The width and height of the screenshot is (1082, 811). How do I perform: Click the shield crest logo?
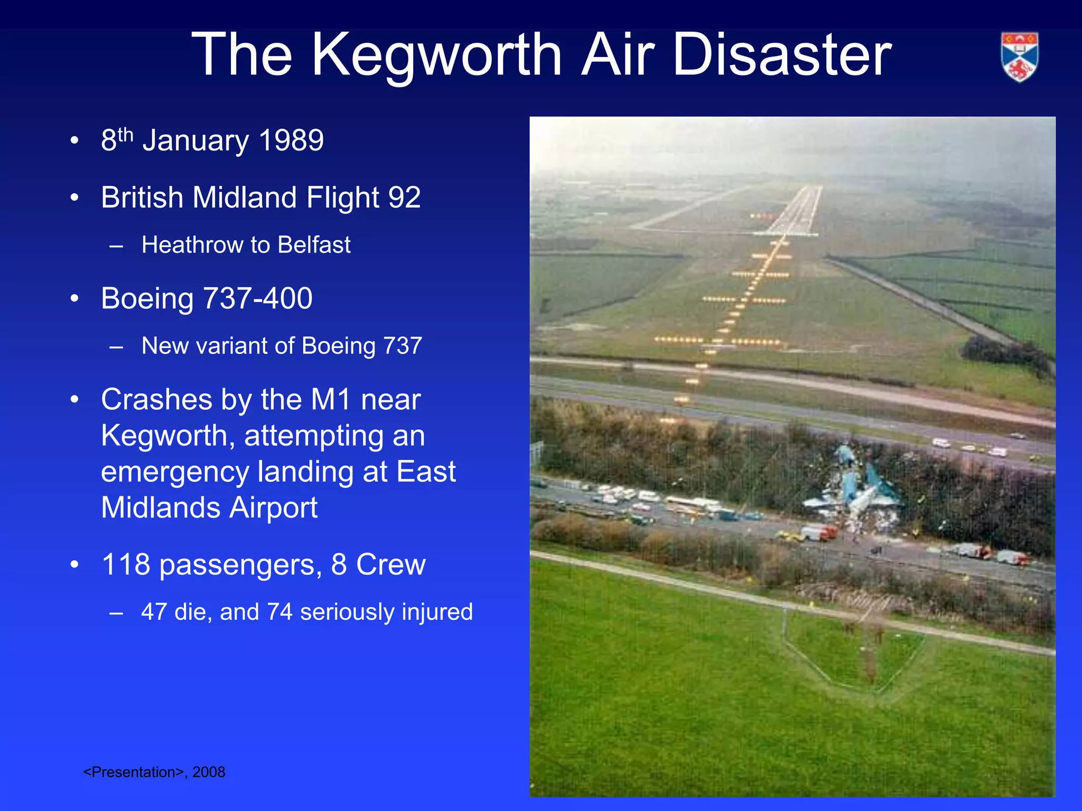[1020, 57]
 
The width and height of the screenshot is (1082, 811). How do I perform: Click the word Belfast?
[314, 245]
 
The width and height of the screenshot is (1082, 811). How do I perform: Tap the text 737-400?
[258, 299]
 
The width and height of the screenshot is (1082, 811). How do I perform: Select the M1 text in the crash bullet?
[331, 400]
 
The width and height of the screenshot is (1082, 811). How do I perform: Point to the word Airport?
[273, 508]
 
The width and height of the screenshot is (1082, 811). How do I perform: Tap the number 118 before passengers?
[126, 565]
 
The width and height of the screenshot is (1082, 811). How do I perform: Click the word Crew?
[391, 565]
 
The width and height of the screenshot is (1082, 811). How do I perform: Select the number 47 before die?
[154, 612]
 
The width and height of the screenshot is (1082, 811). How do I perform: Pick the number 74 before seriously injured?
[279, 612]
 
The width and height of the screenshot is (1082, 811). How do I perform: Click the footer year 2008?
[209, 772]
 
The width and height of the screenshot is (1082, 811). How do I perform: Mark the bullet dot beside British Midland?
[74, 198]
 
